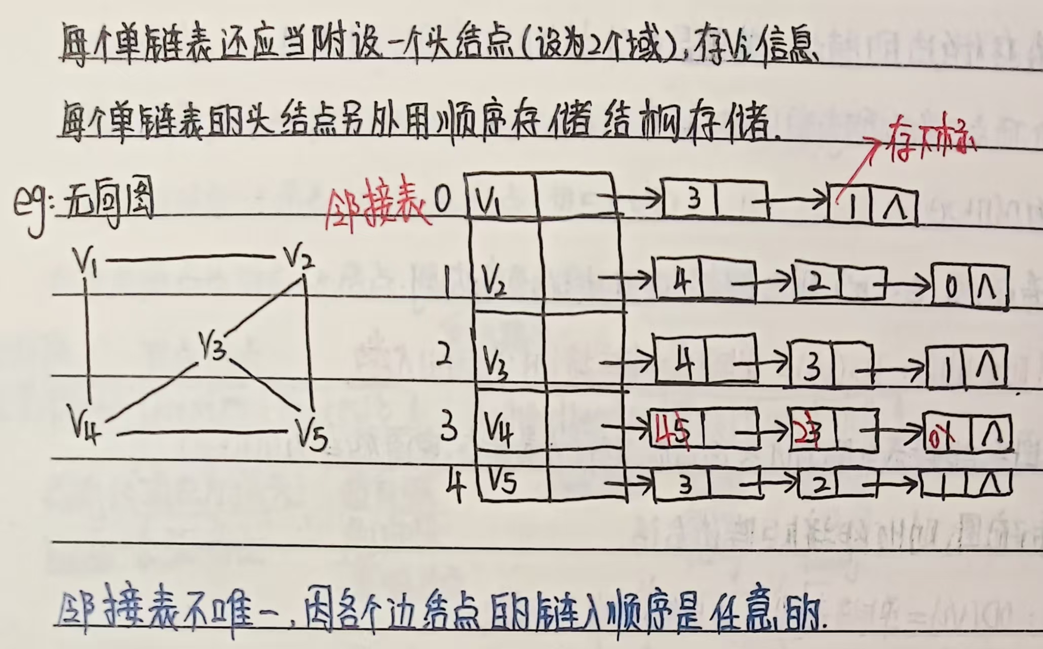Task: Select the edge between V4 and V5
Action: point(203,432)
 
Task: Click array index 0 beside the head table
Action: point(442,201)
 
